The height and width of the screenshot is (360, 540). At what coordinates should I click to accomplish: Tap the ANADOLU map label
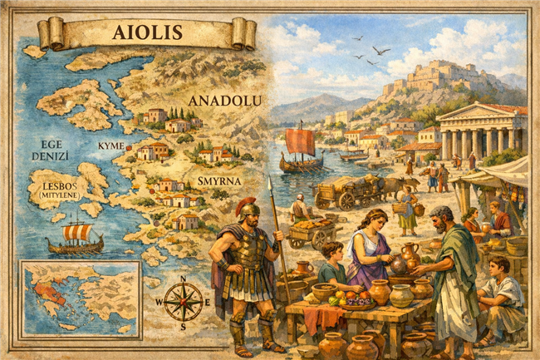(224, 101)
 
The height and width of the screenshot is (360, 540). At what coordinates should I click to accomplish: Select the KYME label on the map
(110, 145)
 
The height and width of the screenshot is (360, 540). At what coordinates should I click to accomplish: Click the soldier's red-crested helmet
(246, 207)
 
